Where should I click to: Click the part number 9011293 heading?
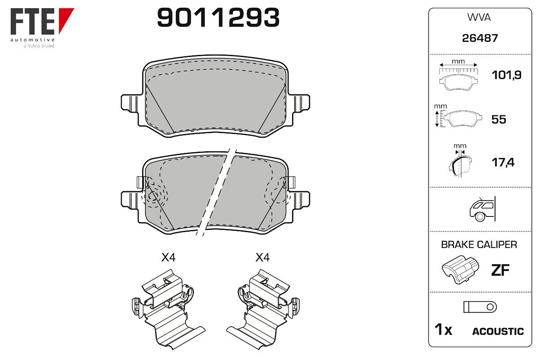pyautogui.click(x=218, y=18)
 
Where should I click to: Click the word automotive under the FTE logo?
pyautogui.click(x=32, y=40)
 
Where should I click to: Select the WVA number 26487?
pyautogui.click(x=480, y=38)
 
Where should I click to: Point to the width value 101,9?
pyautogui.click(x=507, y=75)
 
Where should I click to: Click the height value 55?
pyautogui.click(x=499, y=119)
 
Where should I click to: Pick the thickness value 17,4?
pyautogui.click(x=503, y=162)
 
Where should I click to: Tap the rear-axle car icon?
pyautogui.click(x=482, y=209)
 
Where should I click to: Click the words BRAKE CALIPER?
pyautogui.click(x=479, y=244)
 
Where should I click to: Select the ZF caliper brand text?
pyautogui.click(x=500, y=270)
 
